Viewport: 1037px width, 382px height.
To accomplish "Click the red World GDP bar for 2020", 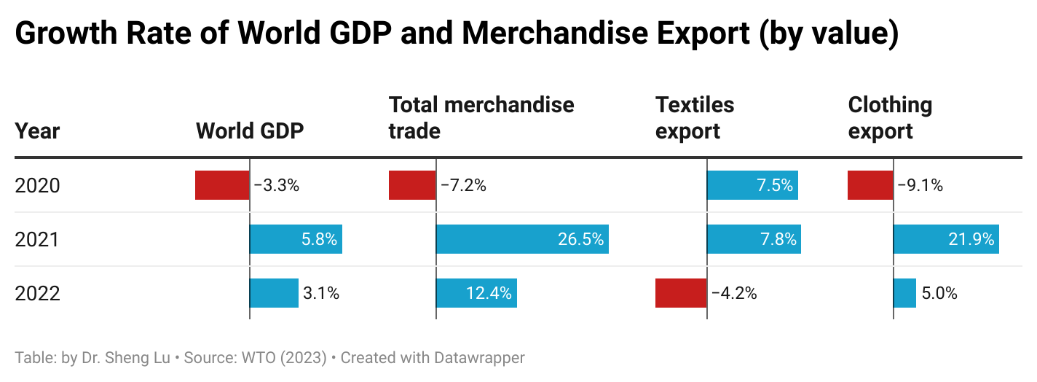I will (x=222, y=185).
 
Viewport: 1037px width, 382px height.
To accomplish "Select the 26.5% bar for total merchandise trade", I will (x=522, y=239).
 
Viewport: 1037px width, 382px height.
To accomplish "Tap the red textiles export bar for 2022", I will (x=681, y=293).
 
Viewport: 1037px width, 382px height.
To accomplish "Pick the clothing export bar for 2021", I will (x=946, y=239).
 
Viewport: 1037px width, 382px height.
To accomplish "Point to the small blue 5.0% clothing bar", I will (x=904, y=293).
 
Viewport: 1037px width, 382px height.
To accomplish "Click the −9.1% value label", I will (x=920, y=185).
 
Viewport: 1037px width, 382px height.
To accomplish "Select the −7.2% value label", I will (x=463, y=185).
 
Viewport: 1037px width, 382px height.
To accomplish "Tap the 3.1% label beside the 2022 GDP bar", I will (x=321, y=294).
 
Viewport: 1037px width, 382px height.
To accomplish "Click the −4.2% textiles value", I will (x=734, y=294).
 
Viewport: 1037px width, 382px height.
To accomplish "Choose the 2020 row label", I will (x=37, y=186).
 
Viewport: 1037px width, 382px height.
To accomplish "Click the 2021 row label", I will (x=37, y=240).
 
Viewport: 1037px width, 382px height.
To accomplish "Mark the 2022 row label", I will (x=37, y=294).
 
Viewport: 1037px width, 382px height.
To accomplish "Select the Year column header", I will (x=37, y=131).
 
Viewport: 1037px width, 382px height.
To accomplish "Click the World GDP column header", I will (x=250, y=131).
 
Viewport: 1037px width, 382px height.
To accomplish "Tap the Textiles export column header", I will (x=695, y=118).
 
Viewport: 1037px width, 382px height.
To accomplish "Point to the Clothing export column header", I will (x=890, y=118).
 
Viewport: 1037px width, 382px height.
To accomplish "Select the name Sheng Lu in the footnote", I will (x=141, y=358).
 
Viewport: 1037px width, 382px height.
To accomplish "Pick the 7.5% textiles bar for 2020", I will (x=752, y=185).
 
